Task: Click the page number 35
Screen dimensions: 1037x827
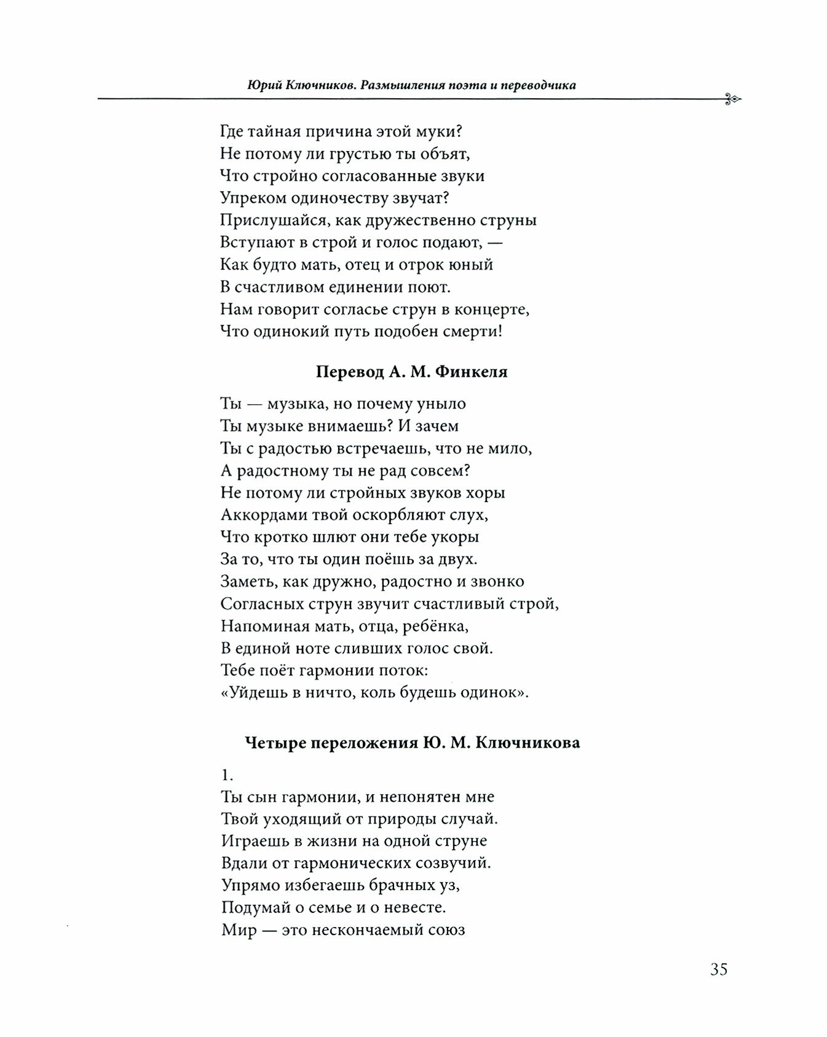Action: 718,969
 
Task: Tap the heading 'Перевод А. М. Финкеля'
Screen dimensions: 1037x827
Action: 412,372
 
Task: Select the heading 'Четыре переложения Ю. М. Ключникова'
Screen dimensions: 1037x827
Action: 412,743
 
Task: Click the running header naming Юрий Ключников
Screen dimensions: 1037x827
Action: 411,85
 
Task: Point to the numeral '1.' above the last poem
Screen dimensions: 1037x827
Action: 227,775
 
